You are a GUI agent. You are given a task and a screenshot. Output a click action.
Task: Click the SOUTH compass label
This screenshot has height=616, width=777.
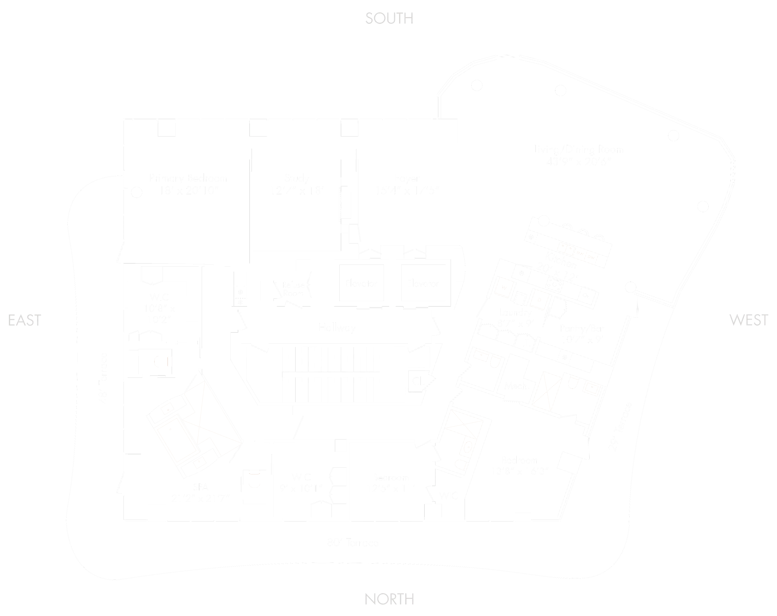coord(389,18)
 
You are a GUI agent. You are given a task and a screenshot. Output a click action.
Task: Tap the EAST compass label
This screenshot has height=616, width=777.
coord(24,320)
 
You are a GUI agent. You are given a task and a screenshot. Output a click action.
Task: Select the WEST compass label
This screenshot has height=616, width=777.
coord(748,320)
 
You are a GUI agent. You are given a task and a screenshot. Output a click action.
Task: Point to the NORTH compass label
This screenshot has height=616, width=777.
coord(389,599)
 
